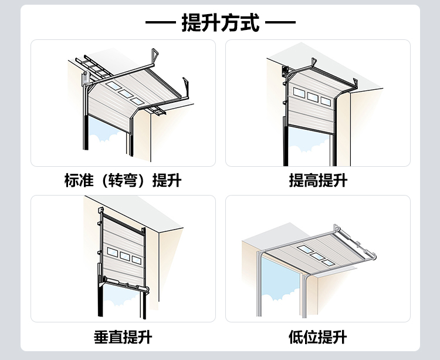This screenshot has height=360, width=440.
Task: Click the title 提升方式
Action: (220, 23)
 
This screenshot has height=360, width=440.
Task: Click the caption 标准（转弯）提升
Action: (123, 180)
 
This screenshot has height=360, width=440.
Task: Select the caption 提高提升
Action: (317, 180)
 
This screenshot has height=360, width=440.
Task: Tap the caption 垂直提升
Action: (123, 337)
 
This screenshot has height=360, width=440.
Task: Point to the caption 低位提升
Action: (317, 337)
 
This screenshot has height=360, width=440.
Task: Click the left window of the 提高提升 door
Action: (299, 93)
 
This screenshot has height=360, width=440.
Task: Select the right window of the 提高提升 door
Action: (326, 101)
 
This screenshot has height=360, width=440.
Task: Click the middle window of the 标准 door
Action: (124, 93)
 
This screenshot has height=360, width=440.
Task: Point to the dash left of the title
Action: (160, 24)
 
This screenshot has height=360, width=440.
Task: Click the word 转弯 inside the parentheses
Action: (123, 180)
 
